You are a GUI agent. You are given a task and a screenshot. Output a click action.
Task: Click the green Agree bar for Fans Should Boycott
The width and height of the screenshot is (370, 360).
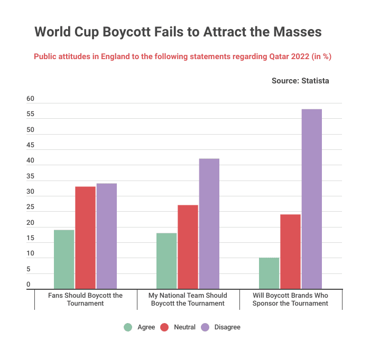64,259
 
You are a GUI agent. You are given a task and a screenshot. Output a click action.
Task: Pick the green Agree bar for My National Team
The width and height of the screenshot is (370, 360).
166,261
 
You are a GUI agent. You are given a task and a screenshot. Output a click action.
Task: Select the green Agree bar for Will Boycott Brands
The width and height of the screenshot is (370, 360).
269,273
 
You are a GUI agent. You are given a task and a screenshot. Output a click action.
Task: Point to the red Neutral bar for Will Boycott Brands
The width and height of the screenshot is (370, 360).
290,251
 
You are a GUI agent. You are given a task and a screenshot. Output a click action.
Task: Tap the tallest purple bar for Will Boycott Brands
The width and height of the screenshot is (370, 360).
311,198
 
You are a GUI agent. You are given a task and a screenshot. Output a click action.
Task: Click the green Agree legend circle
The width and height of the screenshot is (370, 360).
128,327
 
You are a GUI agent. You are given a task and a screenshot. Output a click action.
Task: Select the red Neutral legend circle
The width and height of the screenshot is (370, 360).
164,327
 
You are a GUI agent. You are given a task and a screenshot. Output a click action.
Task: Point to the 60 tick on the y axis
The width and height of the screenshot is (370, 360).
30,99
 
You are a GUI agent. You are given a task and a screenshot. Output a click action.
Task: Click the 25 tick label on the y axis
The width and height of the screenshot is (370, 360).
30,207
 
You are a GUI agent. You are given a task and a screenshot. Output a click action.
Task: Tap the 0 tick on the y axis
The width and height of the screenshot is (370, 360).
29,285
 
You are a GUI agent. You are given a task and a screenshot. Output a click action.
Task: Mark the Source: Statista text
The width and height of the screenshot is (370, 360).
300,81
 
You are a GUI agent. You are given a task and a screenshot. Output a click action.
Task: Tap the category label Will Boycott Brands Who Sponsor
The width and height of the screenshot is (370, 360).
291,299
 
